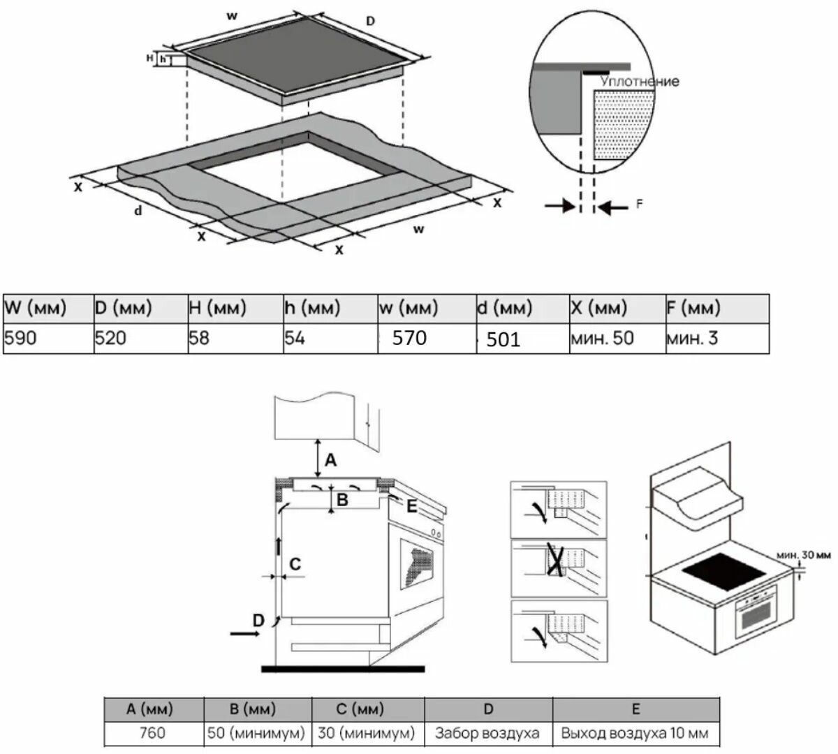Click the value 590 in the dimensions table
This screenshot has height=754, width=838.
(x=20, y=338)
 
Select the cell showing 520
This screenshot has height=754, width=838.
(x=110, y=338)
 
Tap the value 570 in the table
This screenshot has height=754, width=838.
(x=409, y=338)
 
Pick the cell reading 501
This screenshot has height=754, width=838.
(x=503, y=339)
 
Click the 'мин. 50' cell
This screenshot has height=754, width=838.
(x=602, y=338)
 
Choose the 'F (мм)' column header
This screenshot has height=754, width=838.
(x=693, y=308)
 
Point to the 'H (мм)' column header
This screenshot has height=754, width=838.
(x=218, y=308)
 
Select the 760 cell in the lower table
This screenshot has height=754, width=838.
(x=152, y=732)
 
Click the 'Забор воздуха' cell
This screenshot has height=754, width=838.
(x=487, y=732)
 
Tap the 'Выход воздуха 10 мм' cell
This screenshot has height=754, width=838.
(x=635, y=732)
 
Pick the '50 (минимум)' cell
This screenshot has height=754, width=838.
(x=256, y=732)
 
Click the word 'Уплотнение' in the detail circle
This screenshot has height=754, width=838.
(x=640, y=81)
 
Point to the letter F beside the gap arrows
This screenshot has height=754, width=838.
(x=639, y=204)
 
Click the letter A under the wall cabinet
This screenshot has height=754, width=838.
(x=330, y=460)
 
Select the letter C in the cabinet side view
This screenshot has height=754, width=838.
(x=295, y=564)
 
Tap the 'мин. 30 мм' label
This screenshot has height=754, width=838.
(x=803, y=555)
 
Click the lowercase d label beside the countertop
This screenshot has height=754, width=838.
(x=138, y=211)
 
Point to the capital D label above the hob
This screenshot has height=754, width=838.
(x=370, y=20)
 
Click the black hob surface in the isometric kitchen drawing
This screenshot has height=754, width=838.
(x=724, y=572)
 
